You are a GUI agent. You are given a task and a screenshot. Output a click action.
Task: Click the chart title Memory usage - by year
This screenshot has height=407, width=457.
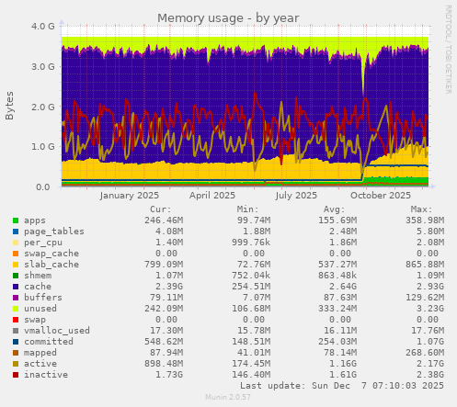pos(228,17)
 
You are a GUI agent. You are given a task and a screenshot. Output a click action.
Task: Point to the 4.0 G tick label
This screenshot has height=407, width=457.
pos(42,27)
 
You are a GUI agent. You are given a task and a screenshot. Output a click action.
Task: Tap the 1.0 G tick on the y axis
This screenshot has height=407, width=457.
pos(42,147)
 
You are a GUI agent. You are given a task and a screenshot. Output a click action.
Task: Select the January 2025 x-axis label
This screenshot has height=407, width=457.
pos(130,196)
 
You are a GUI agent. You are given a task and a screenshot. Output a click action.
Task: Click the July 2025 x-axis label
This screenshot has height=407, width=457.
pos(296,196)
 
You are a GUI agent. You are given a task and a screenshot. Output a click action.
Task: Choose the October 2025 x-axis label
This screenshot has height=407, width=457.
pos(380,196)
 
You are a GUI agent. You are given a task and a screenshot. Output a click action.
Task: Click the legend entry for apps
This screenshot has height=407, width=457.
pos(36,221)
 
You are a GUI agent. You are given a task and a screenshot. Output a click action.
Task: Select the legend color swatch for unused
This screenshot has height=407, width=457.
pos(16,309)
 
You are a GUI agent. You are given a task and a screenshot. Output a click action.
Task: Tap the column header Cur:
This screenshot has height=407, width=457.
pos(160,209)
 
